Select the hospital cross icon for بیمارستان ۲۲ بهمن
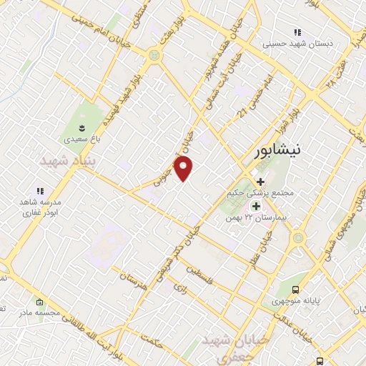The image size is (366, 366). pos(255,206)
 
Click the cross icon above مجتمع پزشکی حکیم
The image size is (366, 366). pos(261,182)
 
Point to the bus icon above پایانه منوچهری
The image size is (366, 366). pos(296,290)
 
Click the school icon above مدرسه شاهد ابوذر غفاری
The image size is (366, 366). pos(40,191)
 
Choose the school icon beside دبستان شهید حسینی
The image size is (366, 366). pos(297,32)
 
